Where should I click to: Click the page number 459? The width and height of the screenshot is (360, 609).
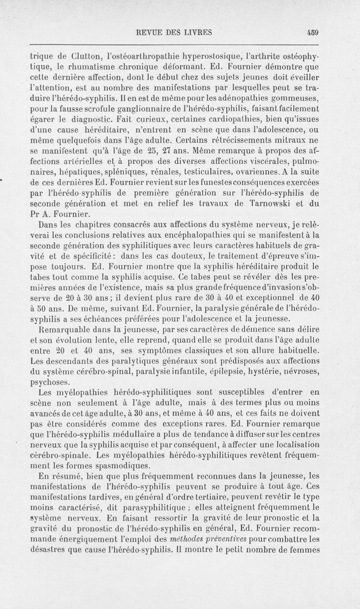pyautogui.click(x=311, y=32)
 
